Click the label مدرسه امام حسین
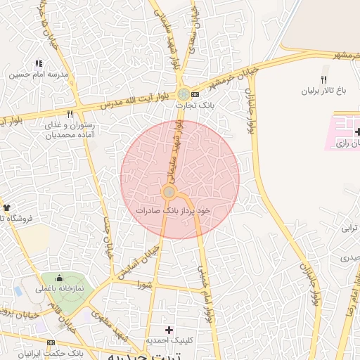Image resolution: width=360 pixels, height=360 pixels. pyautogui.click(x=39, y=74)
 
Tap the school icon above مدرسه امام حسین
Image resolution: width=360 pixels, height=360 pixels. pyautogui.click(x=39, y=63)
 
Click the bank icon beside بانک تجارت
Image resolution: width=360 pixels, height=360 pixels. pyautogui.click(x=195, y=94)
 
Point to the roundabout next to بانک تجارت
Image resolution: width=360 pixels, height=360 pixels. pyautogui.click(x=183, y=94)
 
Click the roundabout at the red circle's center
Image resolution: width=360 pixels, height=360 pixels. pyautogui.click(x=169, y=192)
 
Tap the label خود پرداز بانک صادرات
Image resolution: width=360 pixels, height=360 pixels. pyautogui.click(x=174, y=210)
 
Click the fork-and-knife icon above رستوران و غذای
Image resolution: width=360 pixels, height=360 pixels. pyautogui.click(x=70, y=113)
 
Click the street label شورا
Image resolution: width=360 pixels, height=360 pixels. pyautogui.click(x=146, y=285)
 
